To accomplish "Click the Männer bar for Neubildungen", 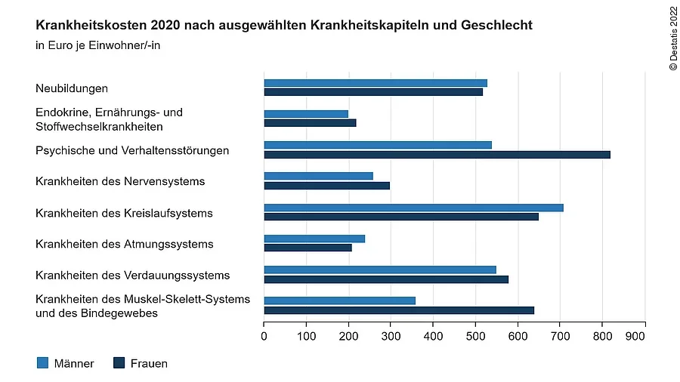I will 376,83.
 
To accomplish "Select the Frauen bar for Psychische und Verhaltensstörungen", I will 437,155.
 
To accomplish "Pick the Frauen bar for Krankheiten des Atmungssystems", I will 308,248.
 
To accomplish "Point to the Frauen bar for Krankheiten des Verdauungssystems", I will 386,279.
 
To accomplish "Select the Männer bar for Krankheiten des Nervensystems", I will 318,176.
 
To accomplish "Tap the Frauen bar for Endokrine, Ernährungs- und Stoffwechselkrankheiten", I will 310,123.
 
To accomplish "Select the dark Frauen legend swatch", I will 119,363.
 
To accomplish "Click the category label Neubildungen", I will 72,88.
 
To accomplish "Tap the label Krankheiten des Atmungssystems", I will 125,244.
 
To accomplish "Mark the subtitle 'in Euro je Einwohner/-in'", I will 98,45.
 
